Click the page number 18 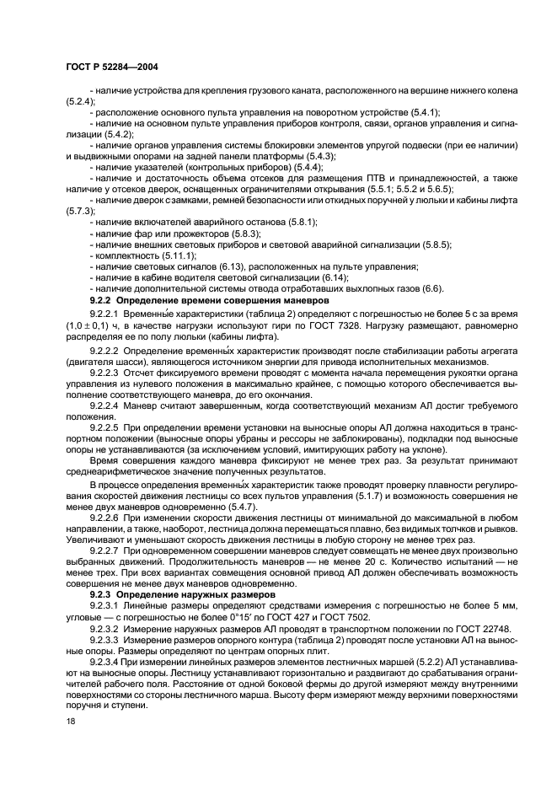[70, 722]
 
